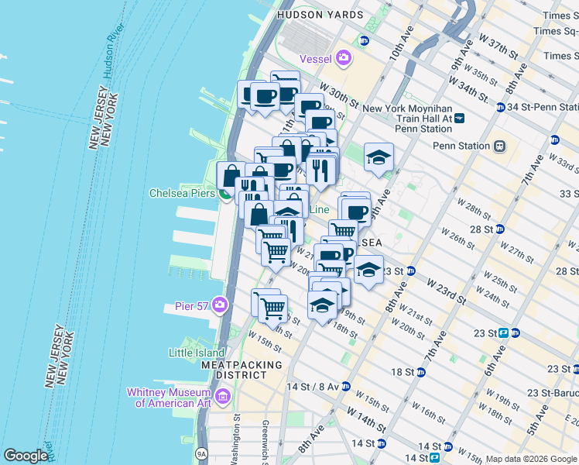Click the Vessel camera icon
[343, 58]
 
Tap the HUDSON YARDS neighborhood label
[319, 15]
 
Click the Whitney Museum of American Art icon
[223, 398]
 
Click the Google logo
[26, 456]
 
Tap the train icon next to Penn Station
[501, 146]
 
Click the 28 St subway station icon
[500, 229]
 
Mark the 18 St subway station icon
[421, 372]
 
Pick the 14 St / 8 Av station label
[312, 386]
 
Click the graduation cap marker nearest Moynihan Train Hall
[378, 158]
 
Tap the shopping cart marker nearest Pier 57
[272, 308]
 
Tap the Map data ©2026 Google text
[530, 459]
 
